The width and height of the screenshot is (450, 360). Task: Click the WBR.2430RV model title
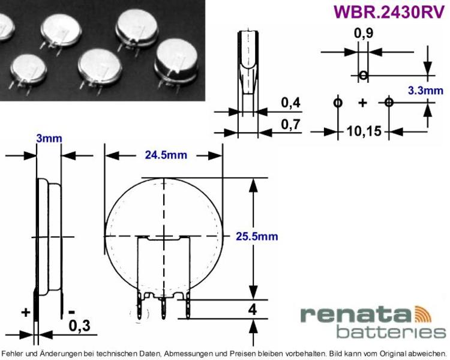[389, 12]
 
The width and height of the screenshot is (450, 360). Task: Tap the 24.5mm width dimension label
[166, 155]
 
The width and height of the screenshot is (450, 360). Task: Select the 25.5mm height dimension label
[257, 236]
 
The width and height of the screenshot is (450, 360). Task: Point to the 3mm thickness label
[49, 139]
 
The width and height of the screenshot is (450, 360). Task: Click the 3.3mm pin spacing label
[425, 91]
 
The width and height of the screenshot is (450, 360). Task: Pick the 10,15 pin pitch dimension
[364, 131]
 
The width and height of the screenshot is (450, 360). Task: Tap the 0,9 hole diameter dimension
[364, 34]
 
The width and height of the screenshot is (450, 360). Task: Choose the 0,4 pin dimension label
[291, 103]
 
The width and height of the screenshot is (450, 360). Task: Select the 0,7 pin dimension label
[291, 125]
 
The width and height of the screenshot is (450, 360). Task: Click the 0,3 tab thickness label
[79, 326]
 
